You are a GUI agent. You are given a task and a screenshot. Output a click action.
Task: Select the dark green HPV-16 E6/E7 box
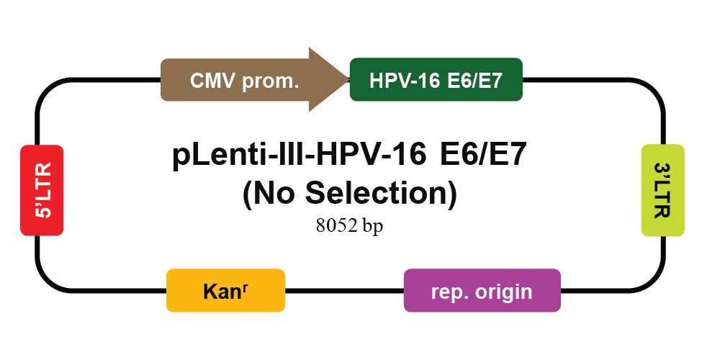436,79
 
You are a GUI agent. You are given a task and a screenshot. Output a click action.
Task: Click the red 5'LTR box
42,190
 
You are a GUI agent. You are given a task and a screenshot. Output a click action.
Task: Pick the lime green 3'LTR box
662,190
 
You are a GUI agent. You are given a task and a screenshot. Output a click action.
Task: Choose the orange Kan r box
225,290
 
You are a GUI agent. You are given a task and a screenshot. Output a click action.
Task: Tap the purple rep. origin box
482,290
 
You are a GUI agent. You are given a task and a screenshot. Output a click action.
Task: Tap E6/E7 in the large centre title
482,156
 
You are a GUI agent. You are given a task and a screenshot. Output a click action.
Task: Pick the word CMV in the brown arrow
211,81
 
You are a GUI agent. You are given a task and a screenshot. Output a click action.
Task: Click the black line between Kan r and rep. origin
344,290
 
